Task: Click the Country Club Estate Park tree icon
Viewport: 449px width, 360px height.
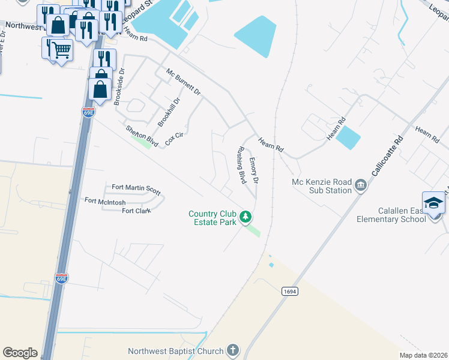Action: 245,216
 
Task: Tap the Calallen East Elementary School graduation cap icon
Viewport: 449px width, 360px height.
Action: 433,203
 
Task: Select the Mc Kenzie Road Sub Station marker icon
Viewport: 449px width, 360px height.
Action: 360,184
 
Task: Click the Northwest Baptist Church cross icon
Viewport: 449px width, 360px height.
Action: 233,350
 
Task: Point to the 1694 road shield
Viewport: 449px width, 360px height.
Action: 289,291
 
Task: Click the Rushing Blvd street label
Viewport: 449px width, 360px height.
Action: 241,164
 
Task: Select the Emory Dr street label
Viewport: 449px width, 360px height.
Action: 254,170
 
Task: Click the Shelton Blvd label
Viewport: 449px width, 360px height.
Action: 142,136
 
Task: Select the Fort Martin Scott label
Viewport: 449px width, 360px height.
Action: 132,189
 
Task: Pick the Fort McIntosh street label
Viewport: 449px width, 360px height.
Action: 105,202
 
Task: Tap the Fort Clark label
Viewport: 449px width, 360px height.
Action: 136,211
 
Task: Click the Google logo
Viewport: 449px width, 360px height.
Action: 20,353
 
